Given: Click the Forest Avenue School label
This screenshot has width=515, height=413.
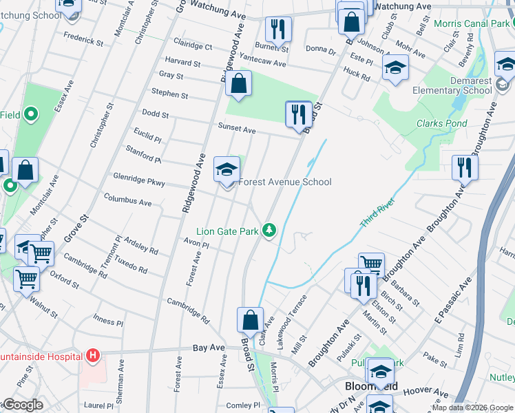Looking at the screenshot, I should tap(284, 182).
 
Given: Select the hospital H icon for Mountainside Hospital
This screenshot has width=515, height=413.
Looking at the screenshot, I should tap(92, 356).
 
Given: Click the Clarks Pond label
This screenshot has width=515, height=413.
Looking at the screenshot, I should tap(441, 124).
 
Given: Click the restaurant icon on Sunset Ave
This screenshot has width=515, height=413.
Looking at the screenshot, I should tap(298, 114).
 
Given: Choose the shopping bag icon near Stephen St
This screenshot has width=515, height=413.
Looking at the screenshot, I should tap(238, 85).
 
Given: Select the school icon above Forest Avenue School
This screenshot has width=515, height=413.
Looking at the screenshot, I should tap(227, 169).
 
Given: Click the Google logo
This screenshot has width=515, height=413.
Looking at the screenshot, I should tap(22, 405).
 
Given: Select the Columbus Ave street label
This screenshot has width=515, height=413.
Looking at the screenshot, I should tap(127, 202).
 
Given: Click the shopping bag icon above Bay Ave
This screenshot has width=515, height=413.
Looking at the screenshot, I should tap(250, 321).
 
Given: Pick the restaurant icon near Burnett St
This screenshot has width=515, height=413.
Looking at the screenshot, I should tap(278, 30).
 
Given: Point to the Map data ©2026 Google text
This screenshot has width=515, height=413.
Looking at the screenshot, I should tap(472, 407).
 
